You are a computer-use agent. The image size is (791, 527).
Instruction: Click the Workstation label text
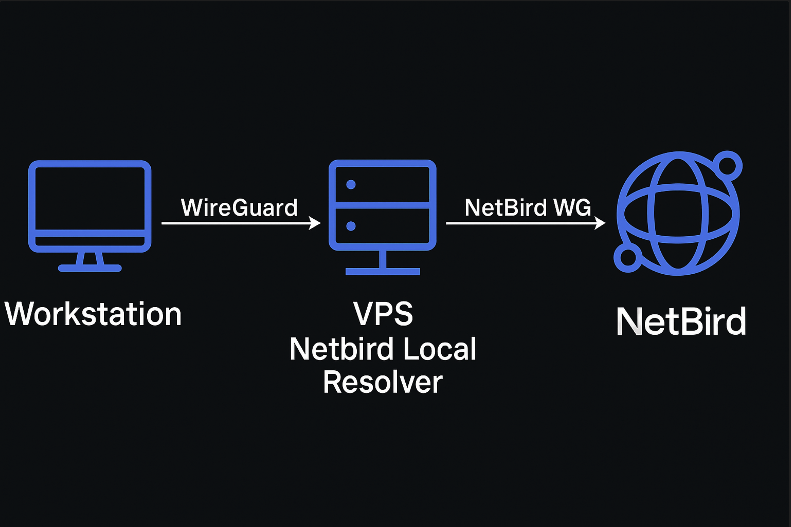pos(93,314)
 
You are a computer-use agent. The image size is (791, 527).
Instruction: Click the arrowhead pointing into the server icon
pos(315,223)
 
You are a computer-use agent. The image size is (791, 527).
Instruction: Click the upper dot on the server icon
pos(351,185)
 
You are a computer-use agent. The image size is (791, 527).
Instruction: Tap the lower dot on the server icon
pos(351,226)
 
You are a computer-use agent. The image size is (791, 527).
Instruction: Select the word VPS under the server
pos(383,314)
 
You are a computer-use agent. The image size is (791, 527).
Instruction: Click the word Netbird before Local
pos(341,349)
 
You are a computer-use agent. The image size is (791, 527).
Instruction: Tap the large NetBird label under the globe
pos(681,321)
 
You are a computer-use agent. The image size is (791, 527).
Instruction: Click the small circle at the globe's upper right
pos(727,166)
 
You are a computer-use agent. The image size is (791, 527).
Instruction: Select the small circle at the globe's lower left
pos(627,257)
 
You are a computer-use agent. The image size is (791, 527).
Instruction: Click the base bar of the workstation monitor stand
pos(90,268)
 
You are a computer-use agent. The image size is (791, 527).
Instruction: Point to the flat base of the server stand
pos(383,271)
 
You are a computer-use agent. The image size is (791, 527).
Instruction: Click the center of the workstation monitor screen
pos(90,198)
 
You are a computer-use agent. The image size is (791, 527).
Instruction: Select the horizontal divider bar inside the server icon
pos(383,205)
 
